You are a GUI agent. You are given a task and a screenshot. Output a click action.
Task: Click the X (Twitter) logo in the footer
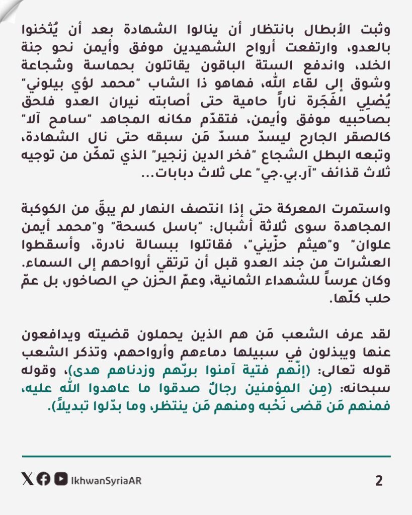point(27,480)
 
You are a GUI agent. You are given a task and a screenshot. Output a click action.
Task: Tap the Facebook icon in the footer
point(43,480)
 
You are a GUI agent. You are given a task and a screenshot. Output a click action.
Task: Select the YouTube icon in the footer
point(60,480)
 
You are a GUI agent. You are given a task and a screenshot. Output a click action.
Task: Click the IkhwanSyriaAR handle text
point(106,480)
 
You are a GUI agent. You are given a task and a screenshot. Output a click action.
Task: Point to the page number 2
point(379,480)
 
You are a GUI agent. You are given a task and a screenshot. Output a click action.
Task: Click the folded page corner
point(9,9)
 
